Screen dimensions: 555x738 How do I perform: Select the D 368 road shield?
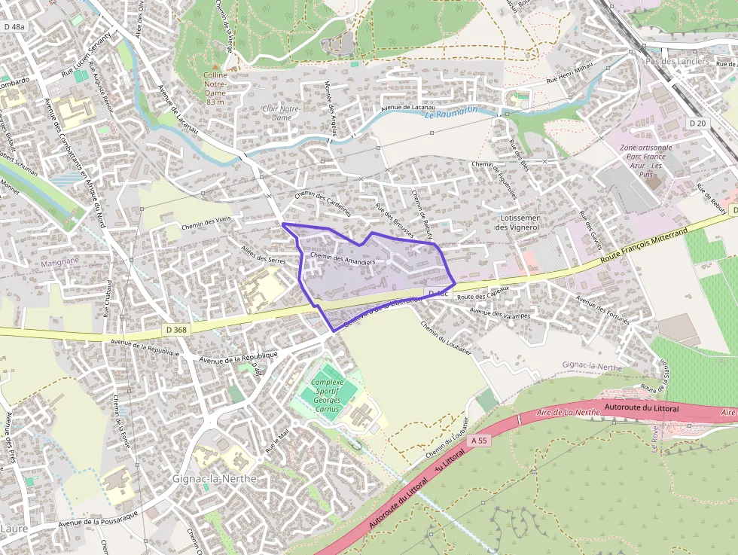point(175,330)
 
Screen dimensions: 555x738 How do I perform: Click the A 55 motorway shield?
point(477,440)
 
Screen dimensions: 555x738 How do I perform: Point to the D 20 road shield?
point(697,123)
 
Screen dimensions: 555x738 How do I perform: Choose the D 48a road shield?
point(13,27)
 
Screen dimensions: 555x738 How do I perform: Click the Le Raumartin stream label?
point(451,113)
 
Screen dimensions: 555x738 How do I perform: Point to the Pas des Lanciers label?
point(678,61)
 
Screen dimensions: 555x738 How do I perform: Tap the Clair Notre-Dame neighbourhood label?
point(281,113)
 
